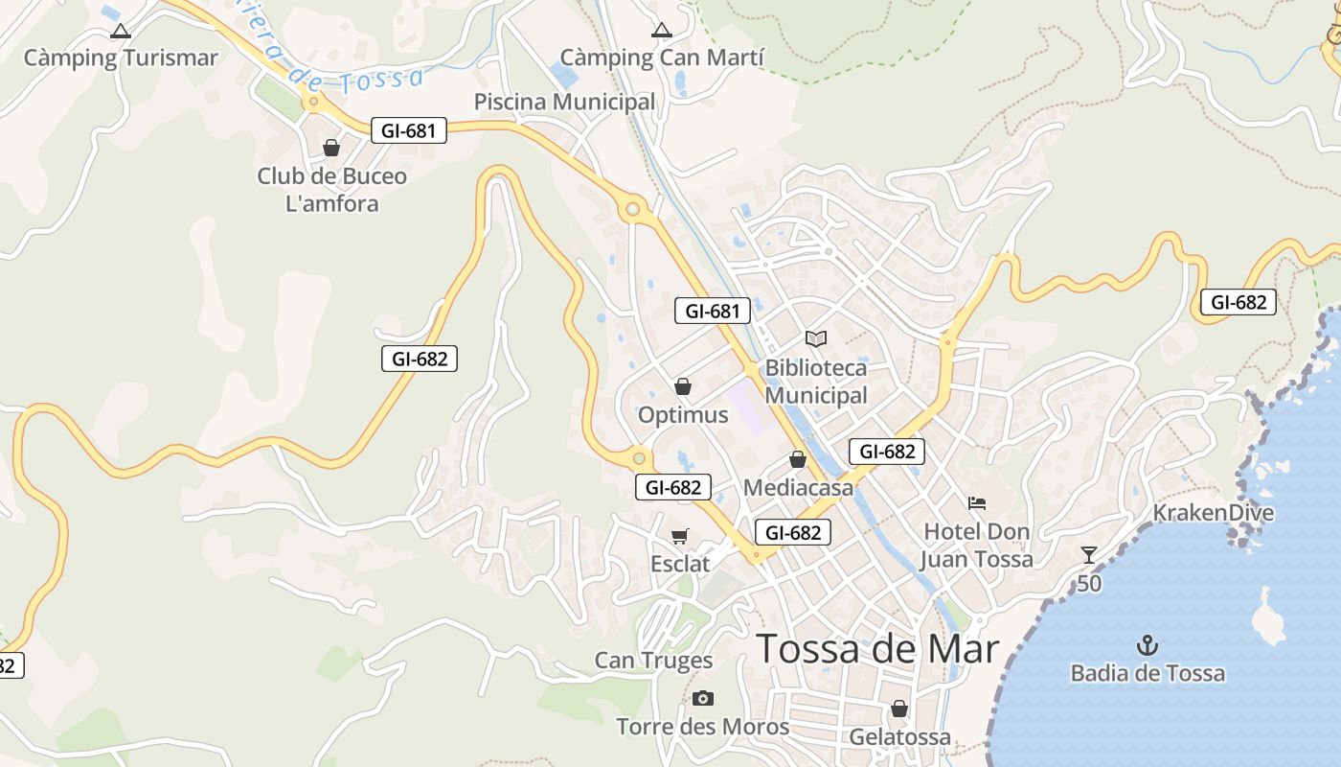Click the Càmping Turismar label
121,58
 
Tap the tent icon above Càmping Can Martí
661,31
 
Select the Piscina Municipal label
565,102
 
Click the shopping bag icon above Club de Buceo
331,148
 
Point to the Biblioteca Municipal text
815,382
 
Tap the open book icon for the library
815,338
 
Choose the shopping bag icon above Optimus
683,386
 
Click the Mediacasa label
798,488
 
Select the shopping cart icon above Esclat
680,536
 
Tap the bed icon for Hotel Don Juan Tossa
977,502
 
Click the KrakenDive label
1213,513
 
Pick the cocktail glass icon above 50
1088,554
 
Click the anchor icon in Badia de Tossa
1147,644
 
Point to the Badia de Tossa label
1148,674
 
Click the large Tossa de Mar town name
877,649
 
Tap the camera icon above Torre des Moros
703,698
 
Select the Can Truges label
653,661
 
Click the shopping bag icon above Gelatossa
898,709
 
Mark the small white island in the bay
1269,620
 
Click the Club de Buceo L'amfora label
332,190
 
